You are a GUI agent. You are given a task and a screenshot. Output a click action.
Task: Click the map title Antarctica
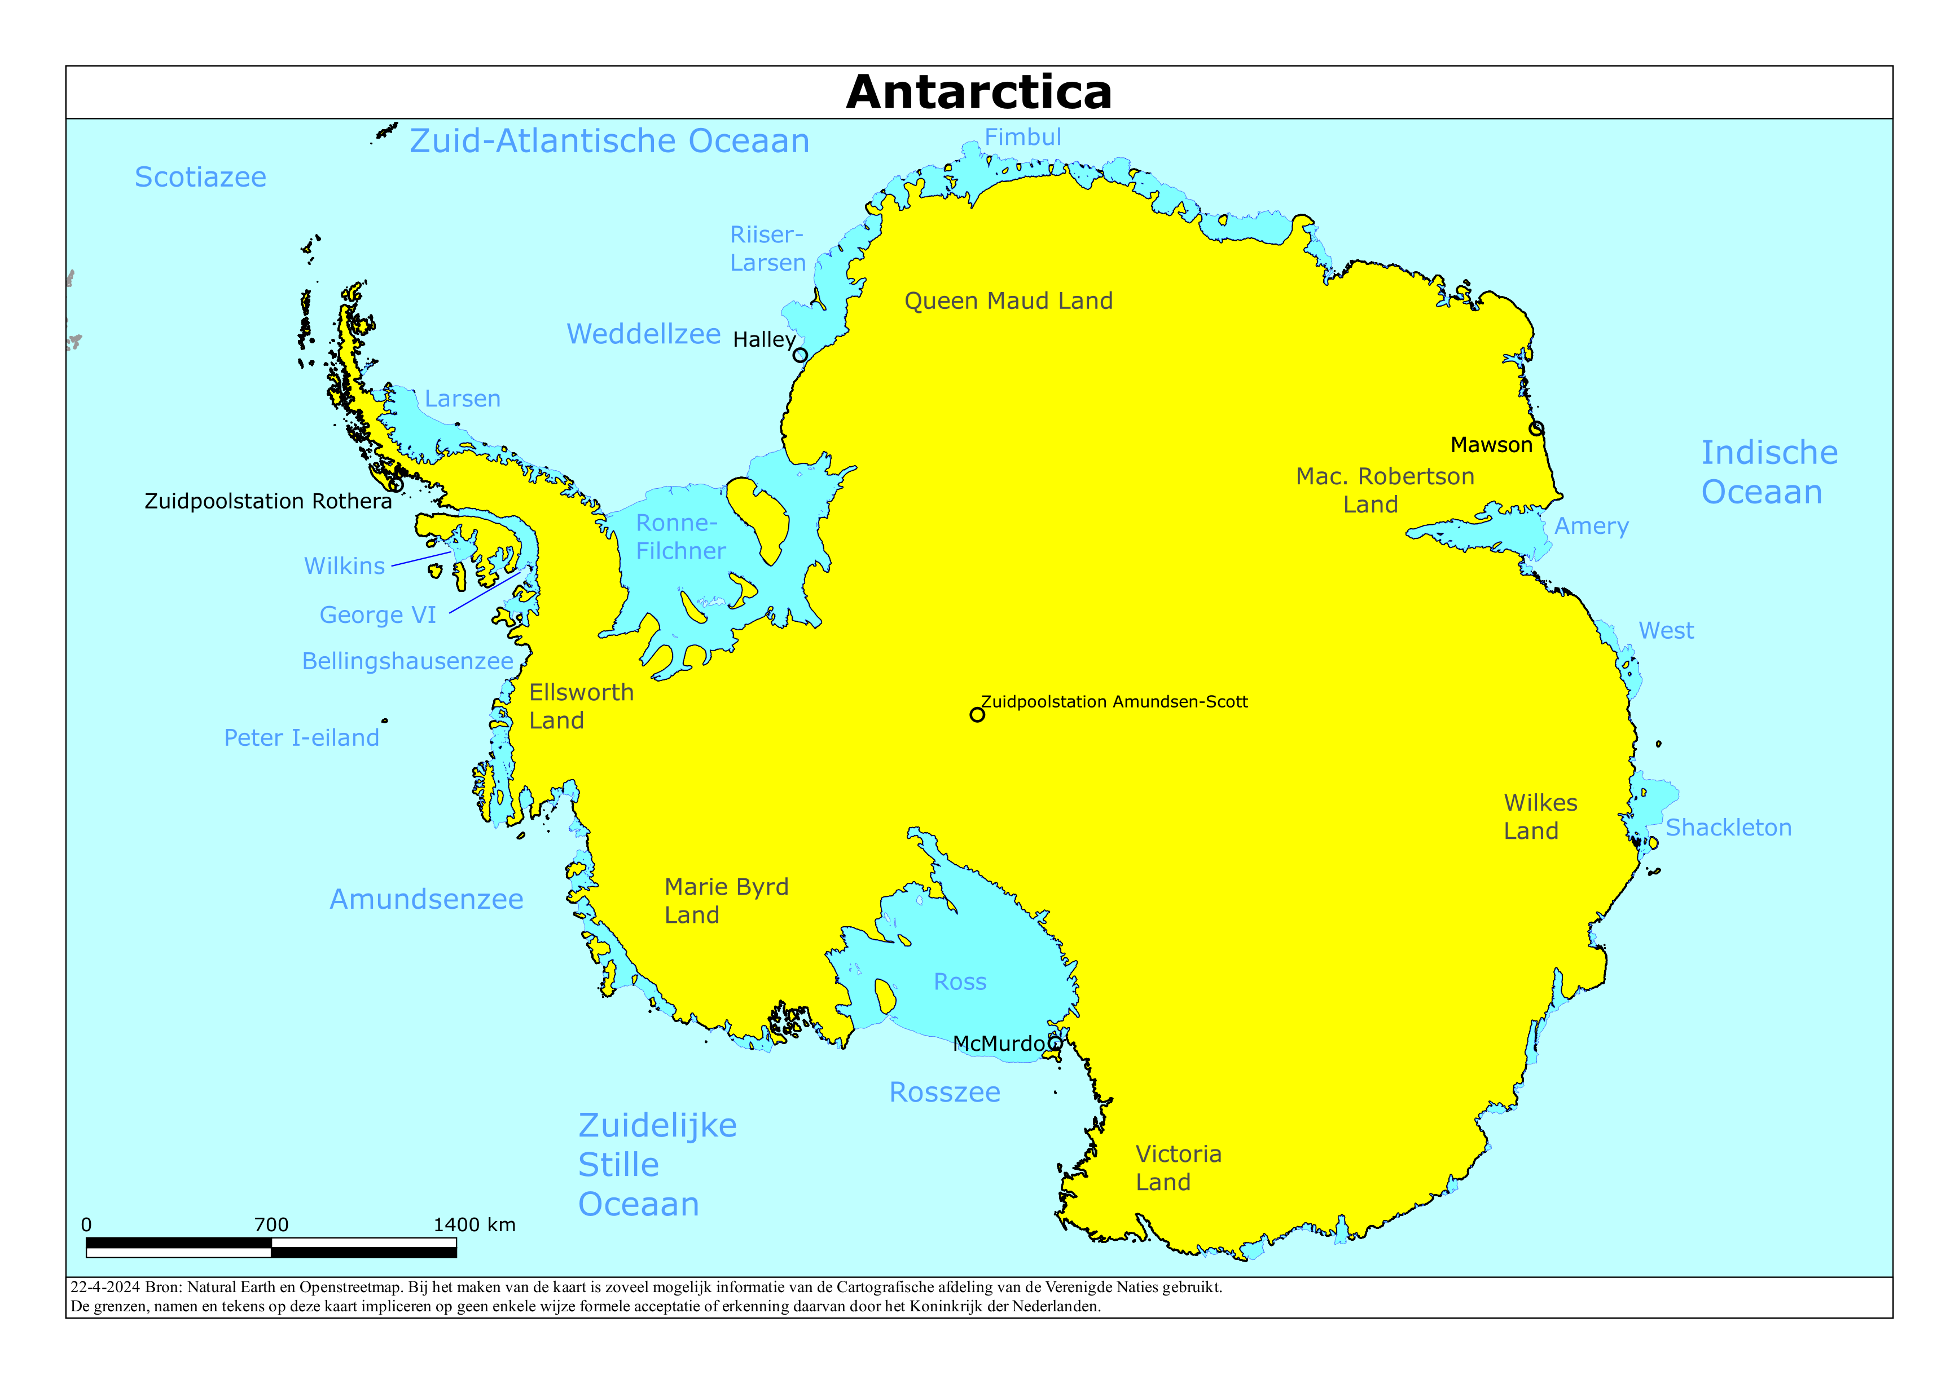coord(978,92)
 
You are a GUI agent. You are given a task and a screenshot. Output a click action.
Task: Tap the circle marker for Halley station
coord(800,355)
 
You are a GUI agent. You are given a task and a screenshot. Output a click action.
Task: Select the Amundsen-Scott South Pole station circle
coord(977,715)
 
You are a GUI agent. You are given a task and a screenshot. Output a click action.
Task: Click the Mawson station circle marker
coord(1536,428)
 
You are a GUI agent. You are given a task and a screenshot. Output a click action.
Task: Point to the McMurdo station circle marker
coord(1055,1042)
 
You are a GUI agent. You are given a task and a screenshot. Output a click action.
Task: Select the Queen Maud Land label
coord(1008,301)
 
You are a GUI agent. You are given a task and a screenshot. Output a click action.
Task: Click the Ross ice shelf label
coord(959,981)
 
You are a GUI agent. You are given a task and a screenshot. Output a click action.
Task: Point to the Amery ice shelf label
coord(1591,526)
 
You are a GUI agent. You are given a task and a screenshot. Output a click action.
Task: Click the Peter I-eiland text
coord(301,737)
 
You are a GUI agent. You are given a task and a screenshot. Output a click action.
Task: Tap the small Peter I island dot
coord(385,720)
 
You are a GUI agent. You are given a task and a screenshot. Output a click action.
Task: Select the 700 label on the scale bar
coord(271,1224)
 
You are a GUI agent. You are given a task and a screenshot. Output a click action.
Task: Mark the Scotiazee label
coord(200,178)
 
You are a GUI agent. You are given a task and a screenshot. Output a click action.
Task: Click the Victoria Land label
coord(1178,1168)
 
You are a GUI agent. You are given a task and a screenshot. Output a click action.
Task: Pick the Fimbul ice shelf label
coord(1022,138)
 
